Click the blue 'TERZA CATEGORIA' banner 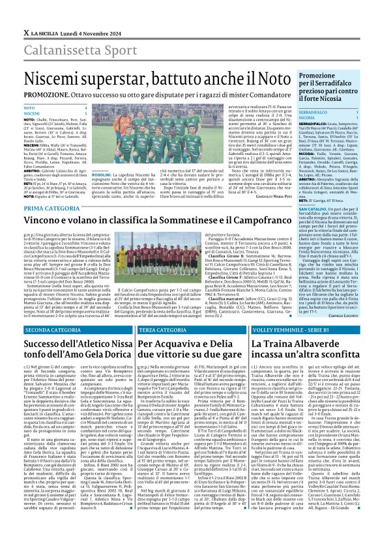tap(162, 330)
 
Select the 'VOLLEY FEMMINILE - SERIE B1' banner tap(287, 330)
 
